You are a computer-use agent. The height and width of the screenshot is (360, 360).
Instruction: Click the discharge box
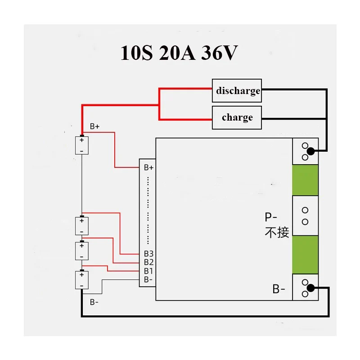coord(237,91)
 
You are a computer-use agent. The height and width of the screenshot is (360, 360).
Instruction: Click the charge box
coord(237,117)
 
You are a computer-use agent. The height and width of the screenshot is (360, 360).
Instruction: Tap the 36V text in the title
coord(220,53)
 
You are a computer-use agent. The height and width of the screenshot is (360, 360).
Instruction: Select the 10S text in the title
coord(136,53)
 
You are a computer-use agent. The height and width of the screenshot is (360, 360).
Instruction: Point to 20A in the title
coord(177,53)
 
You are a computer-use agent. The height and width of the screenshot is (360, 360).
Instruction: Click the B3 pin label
coord(148,254)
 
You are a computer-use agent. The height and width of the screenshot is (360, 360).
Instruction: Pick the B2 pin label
coord(148,262)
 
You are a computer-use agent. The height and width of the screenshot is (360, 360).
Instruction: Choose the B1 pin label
coord(148,271)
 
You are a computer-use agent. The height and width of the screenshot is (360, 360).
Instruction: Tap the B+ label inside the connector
coord(148,167)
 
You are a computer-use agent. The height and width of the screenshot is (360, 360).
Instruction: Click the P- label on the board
coord(271,217)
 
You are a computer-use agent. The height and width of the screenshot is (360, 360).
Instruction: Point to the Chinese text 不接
coord(277,232)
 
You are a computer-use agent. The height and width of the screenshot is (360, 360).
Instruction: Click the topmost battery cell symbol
coord(82,145)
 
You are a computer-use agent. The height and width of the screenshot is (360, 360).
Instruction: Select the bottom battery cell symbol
coord(82,280)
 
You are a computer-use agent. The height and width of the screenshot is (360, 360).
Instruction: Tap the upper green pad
coord(305,180)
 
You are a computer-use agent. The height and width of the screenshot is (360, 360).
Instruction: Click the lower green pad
coord(305,255)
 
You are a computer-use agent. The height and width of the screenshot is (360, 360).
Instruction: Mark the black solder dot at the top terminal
coord(310,151)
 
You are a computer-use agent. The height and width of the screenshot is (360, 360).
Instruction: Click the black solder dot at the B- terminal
coord(310,288)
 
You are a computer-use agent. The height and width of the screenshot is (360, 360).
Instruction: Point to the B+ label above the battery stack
coord(94,126)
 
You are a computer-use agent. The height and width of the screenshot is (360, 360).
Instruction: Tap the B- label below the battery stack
coord(94,302)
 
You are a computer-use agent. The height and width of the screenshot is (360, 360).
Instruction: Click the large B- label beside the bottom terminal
coord(279,289)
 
